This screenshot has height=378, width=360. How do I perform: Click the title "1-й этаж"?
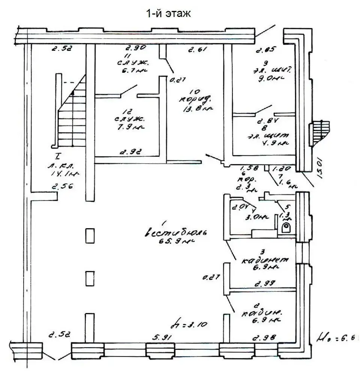click(169, 14)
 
